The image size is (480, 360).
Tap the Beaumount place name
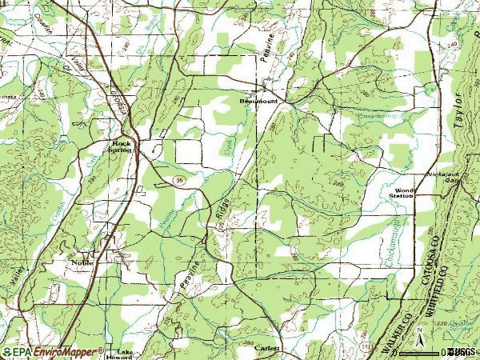261,102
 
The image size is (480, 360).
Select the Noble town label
82,262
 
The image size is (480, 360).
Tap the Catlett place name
267,348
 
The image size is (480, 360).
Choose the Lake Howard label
124,354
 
